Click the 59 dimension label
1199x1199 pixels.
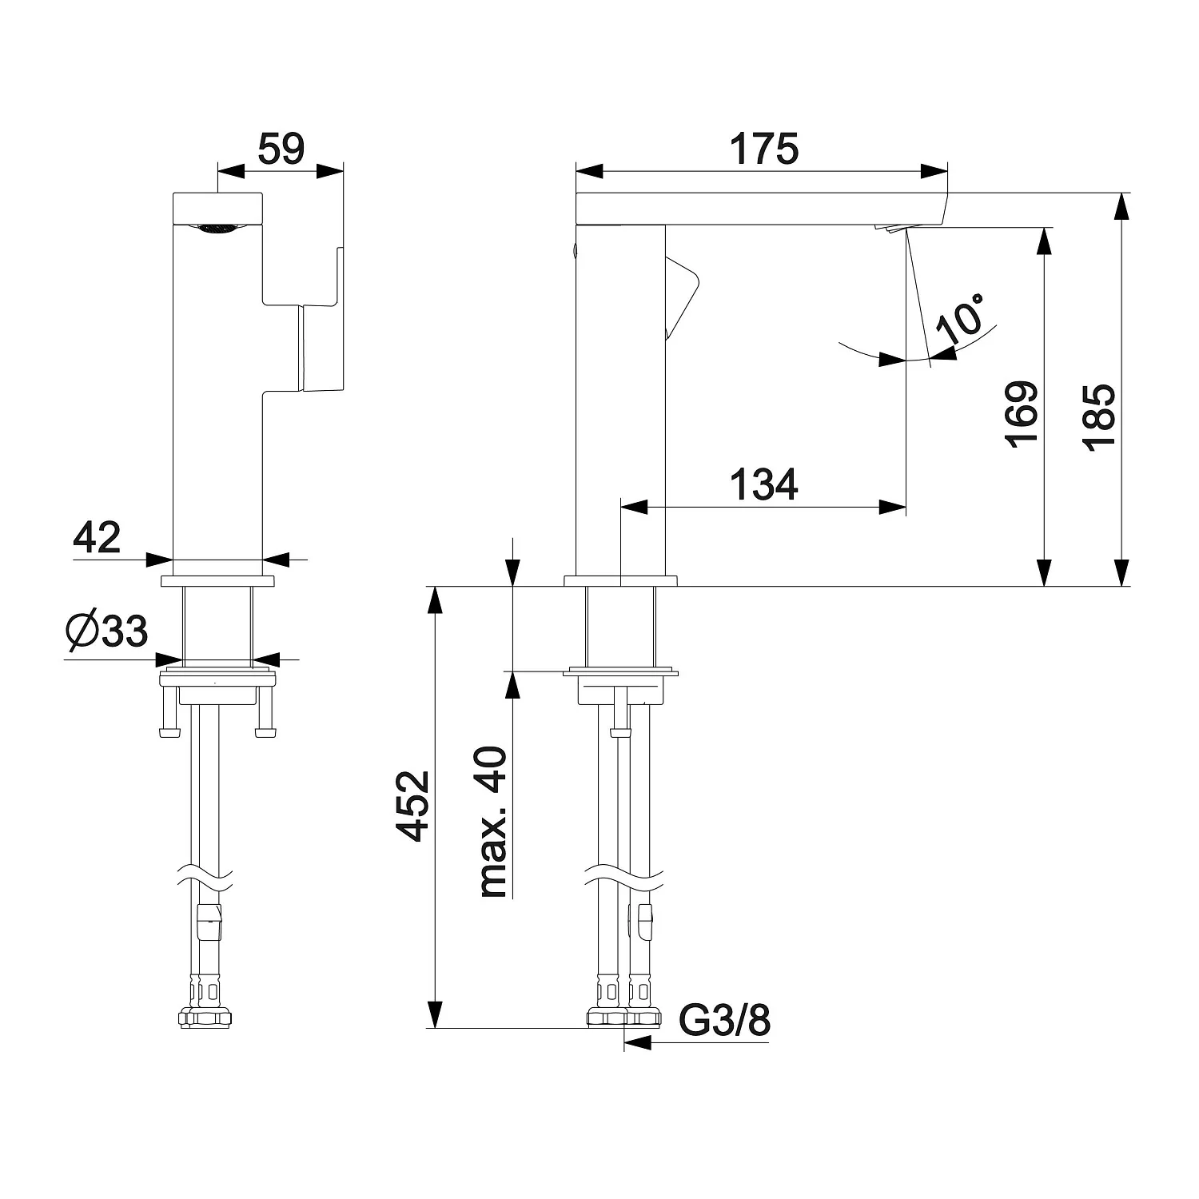tap(281, 149)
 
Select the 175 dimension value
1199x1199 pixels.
tap(764, 149)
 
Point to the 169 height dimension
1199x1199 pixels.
tap(1023, 414)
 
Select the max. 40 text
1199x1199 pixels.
tap(493, 821)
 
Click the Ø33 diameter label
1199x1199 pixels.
tap(107, 631)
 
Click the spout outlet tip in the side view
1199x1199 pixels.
tap(891, 229)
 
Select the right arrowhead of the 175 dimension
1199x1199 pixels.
tap(933, 170)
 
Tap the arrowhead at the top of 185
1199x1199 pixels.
tap(1122, 209)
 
